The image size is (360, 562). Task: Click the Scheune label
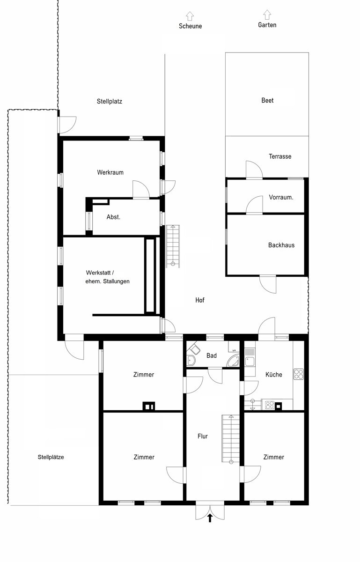coord(190,26)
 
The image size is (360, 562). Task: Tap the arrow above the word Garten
coord(267,15)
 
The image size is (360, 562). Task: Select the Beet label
coord(267,100)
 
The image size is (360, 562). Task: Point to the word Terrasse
coord(280,156)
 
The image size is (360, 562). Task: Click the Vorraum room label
coord(281,197)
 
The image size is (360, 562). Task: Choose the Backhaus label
coord(281,245)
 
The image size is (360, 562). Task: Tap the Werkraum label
coord(110,172)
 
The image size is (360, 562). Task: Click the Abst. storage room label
coord(113,217)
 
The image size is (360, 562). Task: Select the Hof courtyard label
coord(200,300)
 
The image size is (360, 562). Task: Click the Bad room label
coord(212,355)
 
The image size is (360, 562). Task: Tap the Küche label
coord(274,375)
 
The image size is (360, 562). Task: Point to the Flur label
coord(202,436)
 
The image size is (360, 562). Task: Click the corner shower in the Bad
coord(233,361)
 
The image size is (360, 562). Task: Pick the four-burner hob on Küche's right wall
coord(299,374)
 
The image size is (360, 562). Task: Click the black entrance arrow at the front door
coord(210,518)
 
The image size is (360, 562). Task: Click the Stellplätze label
coord(51,457)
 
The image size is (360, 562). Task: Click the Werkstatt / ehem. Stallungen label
coord(107,277)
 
